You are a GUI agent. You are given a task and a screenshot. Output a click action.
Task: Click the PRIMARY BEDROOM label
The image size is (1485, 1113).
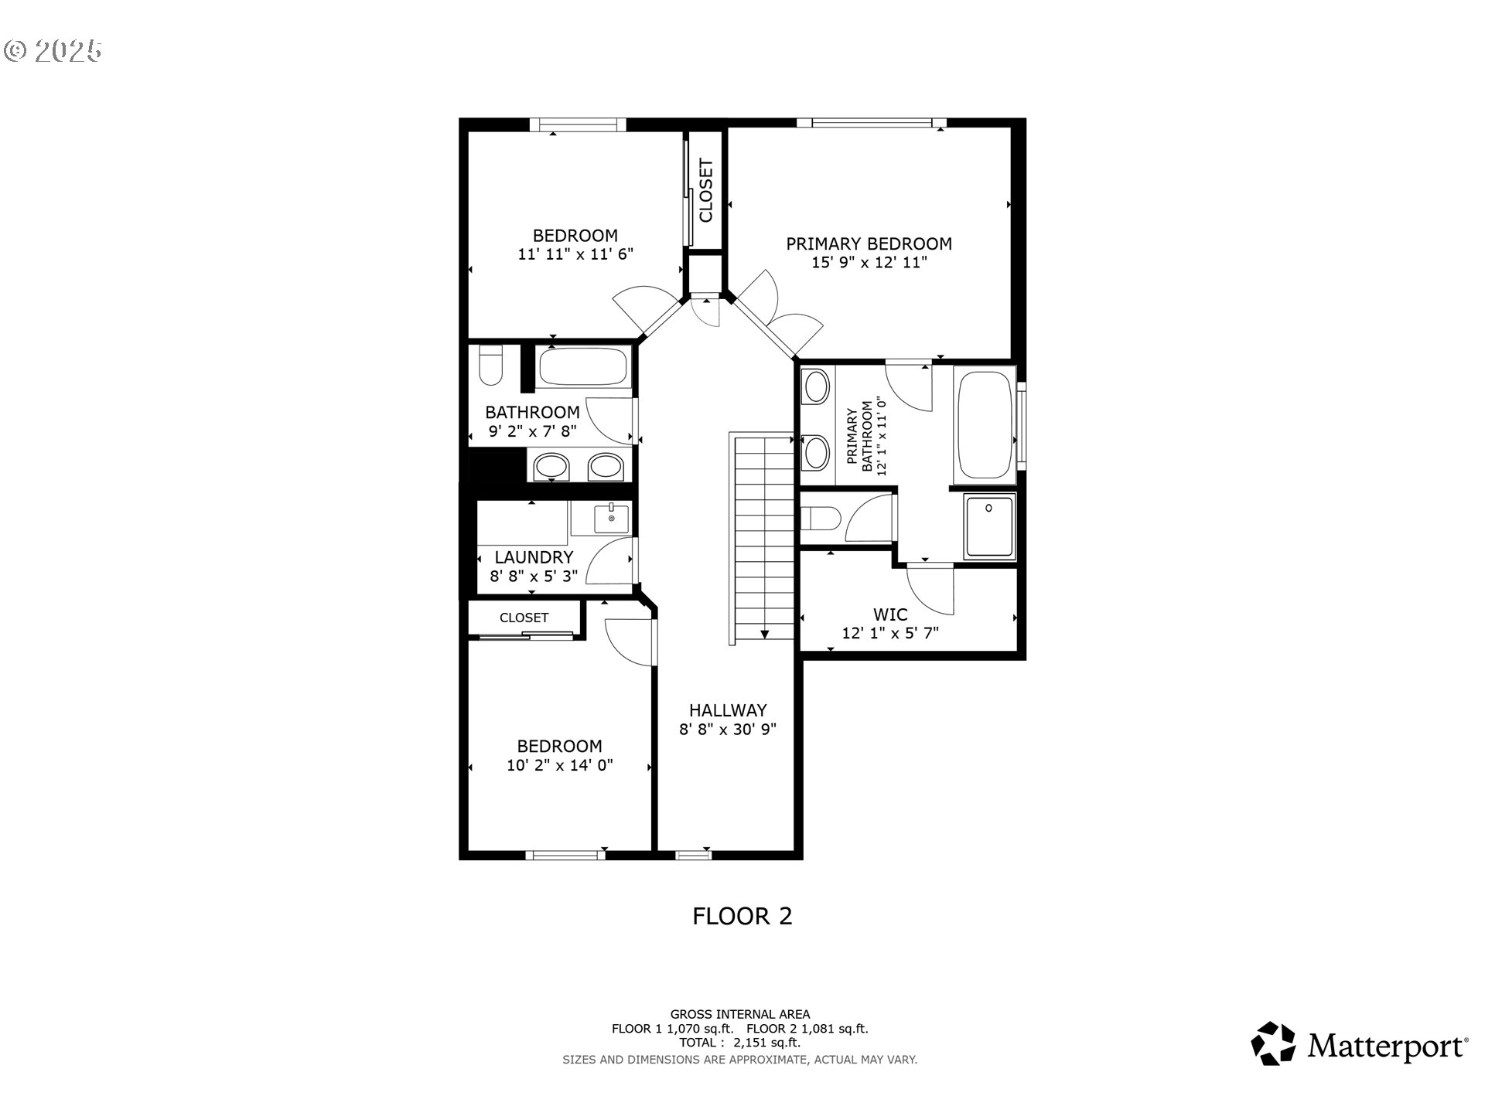(x=869, y=243)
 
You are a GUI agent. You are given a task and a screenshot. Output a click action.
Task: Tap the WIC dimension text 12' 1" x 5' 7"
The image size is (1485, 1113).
(x=889, y=634)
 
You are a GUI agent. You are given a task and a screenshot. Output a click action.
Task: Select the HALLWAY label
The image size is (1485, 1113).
(x=727, y=710)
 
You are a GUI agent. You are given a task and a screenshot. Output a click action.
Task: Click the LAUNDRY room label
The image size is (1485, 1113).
(x=534, y=557)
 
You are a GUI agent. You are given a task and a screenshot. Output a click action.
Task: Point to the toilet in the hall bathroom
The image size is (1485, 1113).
(x=490, y=367)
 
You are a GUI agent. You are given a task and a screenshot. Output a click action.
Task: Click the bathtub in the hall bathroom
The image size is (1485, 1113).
(x=583, y=367)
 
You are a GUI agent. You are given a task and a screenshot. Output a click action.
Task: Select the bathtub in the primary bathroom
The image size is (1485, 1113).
(x=985, y=424)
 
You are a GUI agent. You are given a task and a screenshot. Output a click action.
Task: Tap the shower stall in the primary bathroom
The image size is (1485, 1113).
(x=988, y=526)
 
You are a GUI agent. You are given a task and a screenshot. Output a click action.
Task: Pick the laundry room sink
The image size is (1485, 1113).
(x=611, y=518)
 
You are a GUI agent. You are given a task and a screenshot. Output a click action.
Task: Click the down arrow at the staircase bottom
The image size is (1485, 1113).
(x=764, y=634)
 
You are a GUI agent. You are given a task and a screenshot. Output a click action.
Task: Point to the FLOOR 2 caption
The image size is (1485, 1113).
(x=742, y=916)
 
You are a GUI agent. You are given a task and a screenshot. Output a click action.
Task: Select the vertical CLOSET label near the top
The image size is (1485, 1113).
(x=705, y=190)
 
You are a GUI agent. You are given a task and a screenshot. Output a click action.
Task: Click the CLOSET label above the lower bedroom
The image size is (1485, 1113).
(x=524, y=618)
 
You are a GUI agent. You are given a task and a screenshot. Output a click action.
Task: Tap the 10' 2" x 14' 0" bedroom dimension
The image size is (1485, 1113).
(x=559, y=765)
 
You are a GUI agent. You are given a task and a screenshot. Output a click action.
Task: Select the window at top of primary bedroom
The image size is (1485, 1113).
(x=872, y=122)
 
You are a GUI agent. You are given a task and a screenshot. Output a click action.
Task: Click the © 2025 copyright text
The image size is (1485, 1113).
(x=53, y=51)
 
